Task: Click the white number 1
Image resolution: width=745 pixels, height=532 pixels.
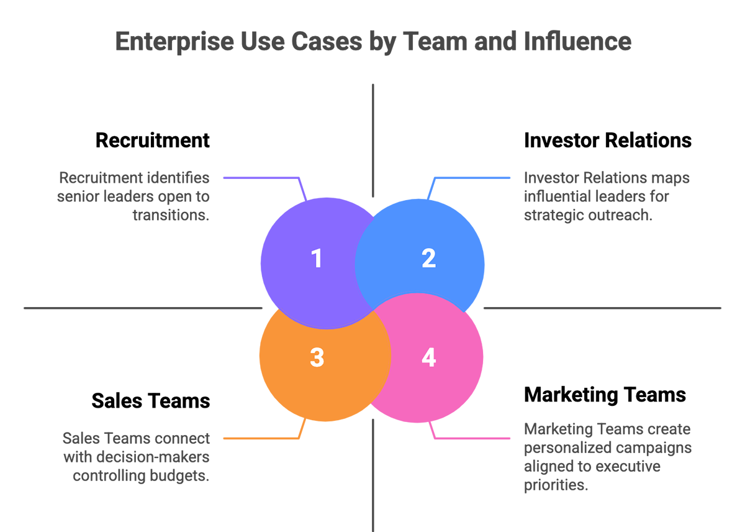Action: point(317,259)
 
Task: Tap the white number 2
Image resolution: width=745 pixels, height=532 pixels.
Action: point(428,259)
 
